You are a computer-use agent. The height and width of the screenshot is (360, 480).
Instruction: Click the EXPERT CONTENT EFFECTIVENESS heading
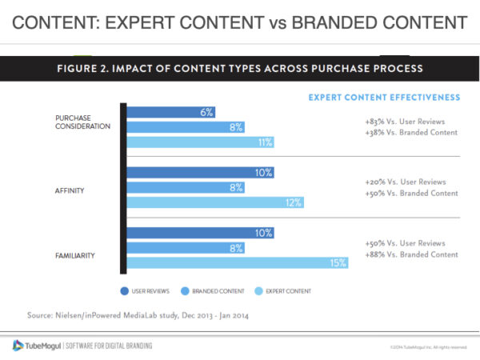[383, 97]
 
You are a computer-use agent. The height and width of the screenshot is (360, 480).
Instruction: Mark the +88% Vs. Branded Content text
[410, 254]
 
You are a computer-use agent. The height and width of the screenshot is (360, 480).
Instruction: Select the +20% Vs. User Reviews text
[406, 181]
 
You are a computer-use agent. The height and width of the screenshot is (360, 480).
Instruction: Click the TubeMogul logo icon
[18, 346]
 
